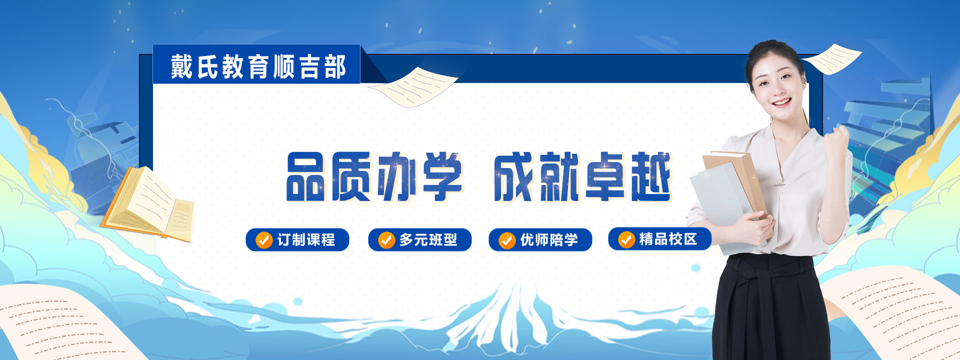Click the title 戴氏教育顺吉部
(x=258, y=66)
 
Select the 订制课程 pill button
(x=297, y=240)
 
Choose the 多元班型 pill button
(x=419, y=240)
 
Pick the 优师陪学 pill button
(x=540, y=240)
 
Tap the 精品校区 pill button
(x=659, y=239)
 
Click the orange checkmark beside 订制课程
(x=263, y=240)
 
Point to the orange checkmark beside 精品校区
(x=626, y=239)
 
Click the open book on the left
(x=148, y=205)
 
